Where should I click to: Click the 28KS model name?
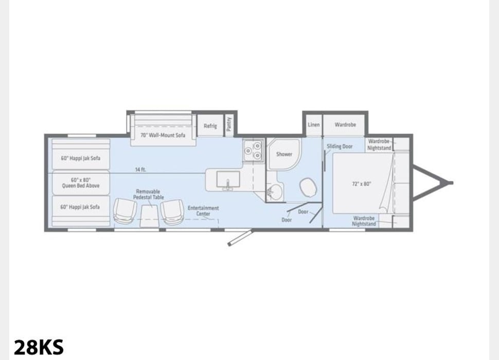click(x=39, y=347)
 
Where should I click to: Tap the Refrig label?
click(x=210, y=125)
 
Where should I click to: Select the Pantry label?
click(x=229, y=124)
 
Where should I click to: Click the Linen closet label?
click(x=313, y=124)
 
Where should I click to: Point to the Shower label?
click(x=284, y=154)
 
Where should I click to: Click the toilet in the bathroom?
click(x=308, y=187)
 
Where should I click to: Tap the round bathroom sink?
click(x=274, y=192)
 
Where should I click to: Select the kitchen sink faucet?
click(x=228, y=186)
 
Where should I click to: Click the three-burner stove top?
click(x=253, y=150)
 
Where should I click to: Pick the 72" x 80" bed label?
click(x=362, y=184)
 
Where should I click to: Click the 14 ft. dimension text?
click(x=140, y=170)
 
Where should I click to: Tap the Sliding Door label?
click(x=340, y=146)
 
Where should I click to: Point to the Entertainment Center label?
click(x=203, y=211)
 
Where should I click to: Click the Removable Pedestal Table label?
click(x=148, y=194)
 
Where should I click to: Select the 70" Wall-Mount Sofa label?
click(x=163, y=135)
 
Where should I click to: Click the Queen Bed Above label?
click(x=81, y=183)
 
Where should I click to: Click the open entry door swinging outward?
click(x=240, y=237)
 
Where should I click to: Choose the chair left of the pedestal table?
click(x=124, y=211)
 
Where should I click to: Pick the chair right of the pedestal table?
click(x=172, y=211)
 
